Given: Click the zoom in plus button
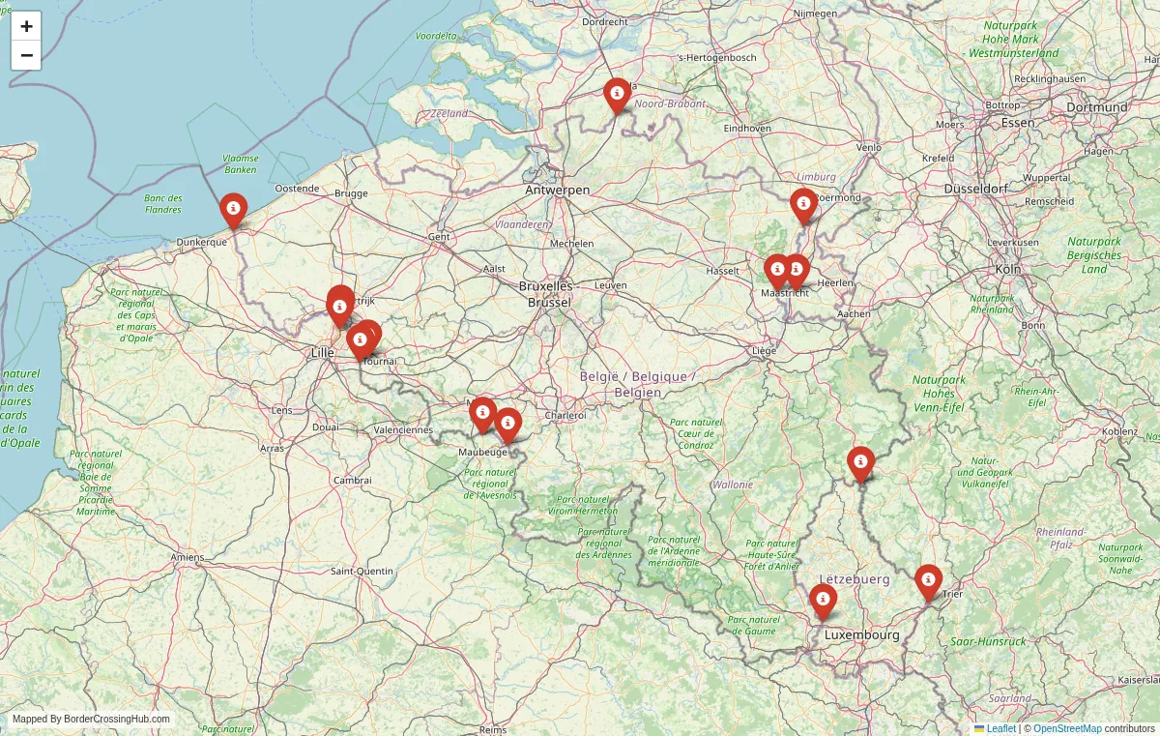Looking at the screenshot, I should pyautogui.click(x=26, y=26).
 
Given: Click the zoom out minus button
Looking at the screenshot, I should pyautogui.click(x=26, y=55).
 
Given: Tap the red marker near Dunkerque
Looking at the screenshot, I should pyautogui.click(x=233, y=209).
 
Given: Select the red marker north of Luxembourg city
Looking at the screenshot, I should pyautogui.click(x=823, y=600).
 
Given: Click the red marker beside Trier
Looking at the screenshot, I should pyautogui.click(x=928, y=580).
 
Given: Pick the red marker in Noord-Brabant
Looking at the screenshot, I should pyautogui.click(x=617, y=94).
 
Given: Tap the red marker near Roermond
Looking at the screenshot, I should pyautogui.click(x=802, y=204).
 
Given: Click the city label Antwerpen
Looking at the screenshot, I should pyautogui.click(x=558, y=191).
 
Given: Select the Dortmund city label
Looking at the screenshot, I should pyautogui.click(x=1097, y=107).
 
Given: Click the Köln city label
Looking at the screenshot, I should pyautogui.click(x=1007, y=269).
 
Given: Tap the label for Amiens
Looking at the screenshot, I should pyautogui.click(x=187, y=557).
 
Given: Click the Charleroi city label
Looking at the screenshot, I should pyautogui.click(x=565, y=415).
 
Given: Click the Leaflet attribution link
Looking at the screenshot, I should pyautogui.click(x=1000, y=728).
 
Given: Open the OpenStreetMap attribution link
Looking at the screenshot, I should pyautogui.click(x=1067, y=728).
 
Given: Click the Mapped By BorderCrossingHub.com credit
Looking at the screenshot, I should pyautogui.click(x=91, y=720).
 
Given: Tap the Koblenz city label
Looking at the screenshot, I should pyautogui.click(x=1119, y=431).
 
